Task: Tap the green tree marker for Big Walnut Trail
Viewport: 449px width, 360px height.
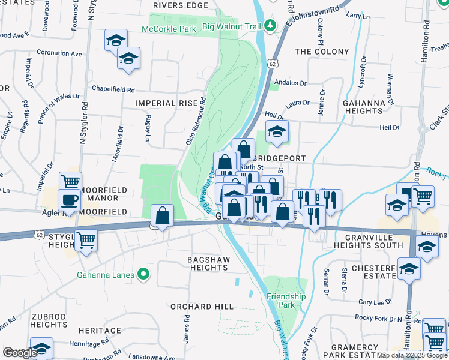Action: (270, 25)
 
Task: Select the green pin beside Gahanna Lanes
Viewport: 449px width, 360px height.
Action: (143, 275)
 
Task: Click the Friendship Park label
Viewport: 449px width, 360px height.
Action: (286, 301)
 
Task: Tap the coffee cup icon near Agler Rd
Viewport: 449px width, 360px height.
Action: (68, 200)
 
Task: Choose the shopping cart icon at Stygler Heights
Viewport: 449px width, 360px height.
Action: (86, 239)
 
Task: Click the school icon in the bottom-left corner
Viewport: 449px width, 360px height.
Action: (41, 348)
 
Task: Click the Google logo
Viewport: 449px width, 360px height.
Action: (20, 353)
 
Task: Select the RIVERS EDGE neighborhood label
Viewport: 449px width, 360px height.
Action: (176, 5)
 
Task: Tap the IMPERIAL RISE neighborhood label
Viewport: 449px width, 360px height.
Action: (166, 103)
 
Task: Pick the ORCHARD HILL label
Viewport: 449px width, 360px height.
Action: (201, 307)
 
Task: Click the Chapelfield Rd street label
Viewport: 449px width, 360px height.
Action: (112, 89)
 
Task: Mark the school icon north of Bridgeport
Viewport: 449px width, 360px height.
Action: (276, 131)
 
